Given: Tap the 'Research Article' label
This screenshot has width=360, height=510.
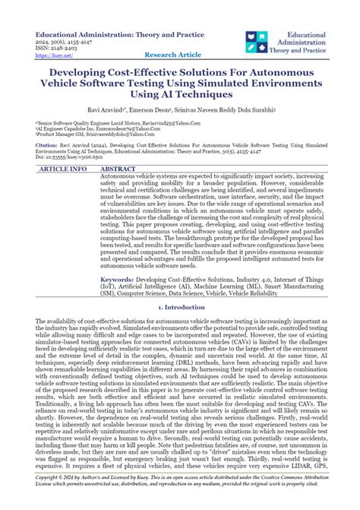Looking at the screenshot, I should tap(173, 55).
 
